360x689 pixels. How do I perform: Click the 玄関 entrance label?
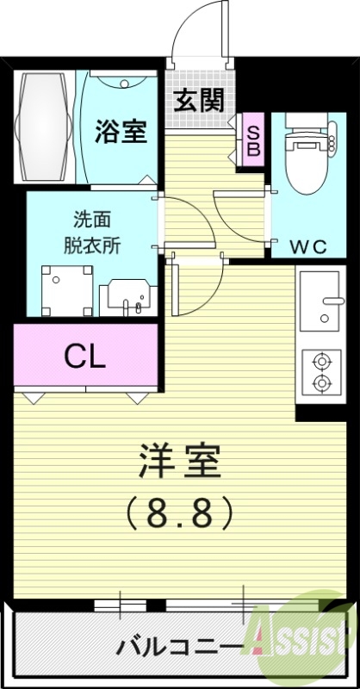click(x=200, y=100)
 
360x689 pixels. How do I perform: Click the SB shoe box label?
click(x=254, y=138)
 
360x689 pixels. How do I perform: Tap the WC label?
click(x=307, y=247)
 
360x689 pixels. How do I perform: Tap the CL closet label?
click(x=86, y=356)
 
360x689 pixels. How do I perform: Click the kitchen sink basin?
click(x=322, y=301)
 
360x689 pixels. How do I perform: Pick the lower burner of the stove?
click(x=321, y=382)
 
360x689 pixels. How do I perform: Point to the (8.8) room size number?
click(x=180, y=514)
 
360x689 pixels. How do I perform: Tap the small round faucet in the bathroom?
click(x=127, y=84)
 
